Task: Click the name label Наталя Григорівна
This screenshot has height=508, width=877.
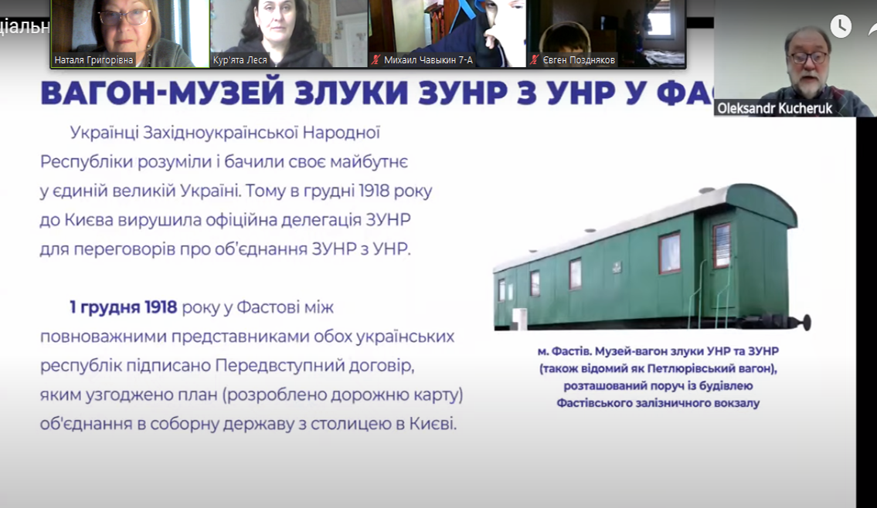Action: pyautogui.click(x=93, y=60)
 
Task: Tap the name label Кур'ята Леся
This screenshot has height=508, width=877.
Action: pyautogui.click(x=240, y=60)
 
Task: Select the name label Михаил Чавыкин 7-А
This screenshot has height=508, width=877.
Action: pyautogui.click(x=428, y=60)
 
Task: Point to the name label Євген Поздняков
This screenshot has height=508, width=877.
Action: pyautogui.click(x=578, y=60)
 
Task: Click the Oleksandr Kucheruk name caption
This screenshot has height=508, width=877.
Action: pyautogui.click(x=775, y=108)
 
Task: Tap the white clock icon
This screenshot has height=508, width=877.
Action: pyautogui.click(x=841, y=26)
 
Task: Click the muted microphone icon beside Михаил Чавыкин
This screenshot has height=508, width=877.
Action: pyautogui.click(x=376, y=59)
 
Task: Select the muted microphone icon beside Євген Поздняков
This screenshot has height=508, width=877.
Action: pyautogui.click(x=535, y=59)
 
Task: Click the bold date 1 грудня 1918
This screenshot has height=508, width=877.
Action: pyautogui.click(x=123, y=307)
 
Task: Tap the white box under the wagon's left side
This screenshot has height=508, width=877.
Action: pyautogui.click(x=519, y=317)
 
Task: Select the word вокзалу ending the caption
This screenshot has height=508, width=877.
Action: pyautogui.click(x=739, y=403)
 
